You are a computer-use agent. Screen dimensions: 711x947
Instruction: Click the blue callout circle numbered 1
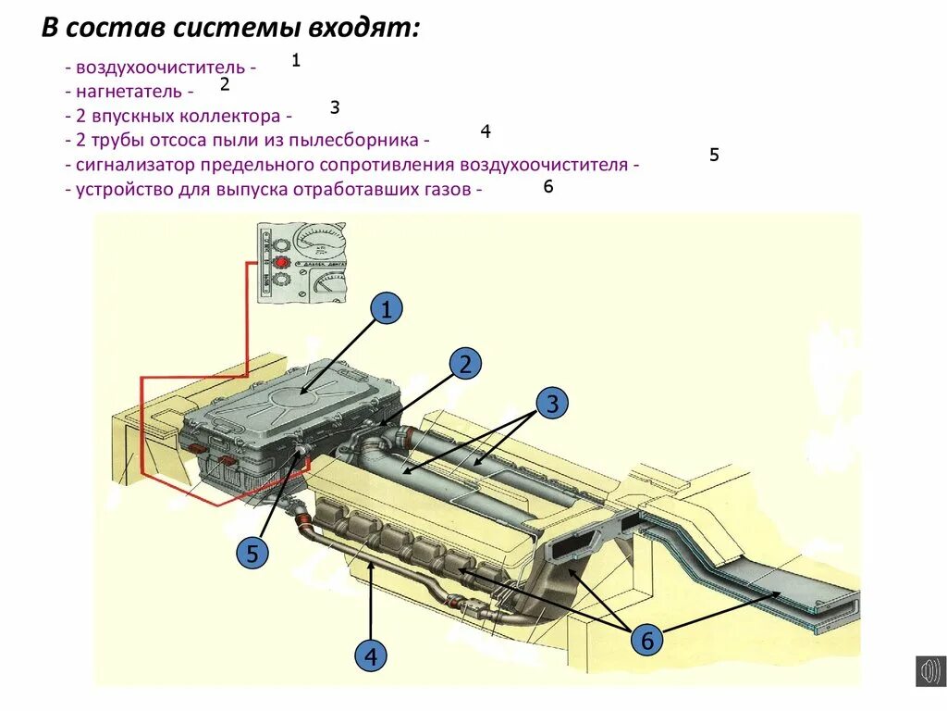pyautogui.click(x=387, y=309)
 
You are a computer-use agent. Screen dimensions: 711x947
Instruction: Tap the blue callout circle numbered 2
pyautogui.click(x=465, y=364)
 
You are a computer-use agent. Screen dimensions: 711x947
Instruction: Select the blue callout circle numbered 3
pyautogui.click(x=552, y=404)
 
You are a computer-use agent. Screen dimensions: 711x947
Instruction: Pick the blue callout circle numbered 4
pyautogui.click(x=371, y=657)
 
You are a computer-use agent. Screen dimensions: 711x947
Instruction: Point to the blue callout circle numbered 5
pyautogui.click(x=252, y=555)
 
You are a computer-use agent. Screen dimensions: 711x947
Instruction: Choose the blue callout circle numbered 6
pyautogui.click(x=646, y=640)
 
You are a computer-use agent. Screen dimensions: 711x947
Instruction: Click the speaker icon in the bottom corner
pyautogui.click(x=929, y=670)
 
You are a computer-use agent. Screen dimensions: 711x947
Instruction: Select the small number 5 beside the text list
pyautogui.click(x=714, y=155)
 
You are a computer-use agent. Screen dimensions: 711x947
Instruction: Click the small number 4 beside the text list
pyautogui.click(x=485, y=131)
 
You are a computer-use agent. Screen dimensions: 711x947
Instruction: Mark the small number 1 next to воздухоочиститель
pyautogui.click(x=296, y=61)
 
